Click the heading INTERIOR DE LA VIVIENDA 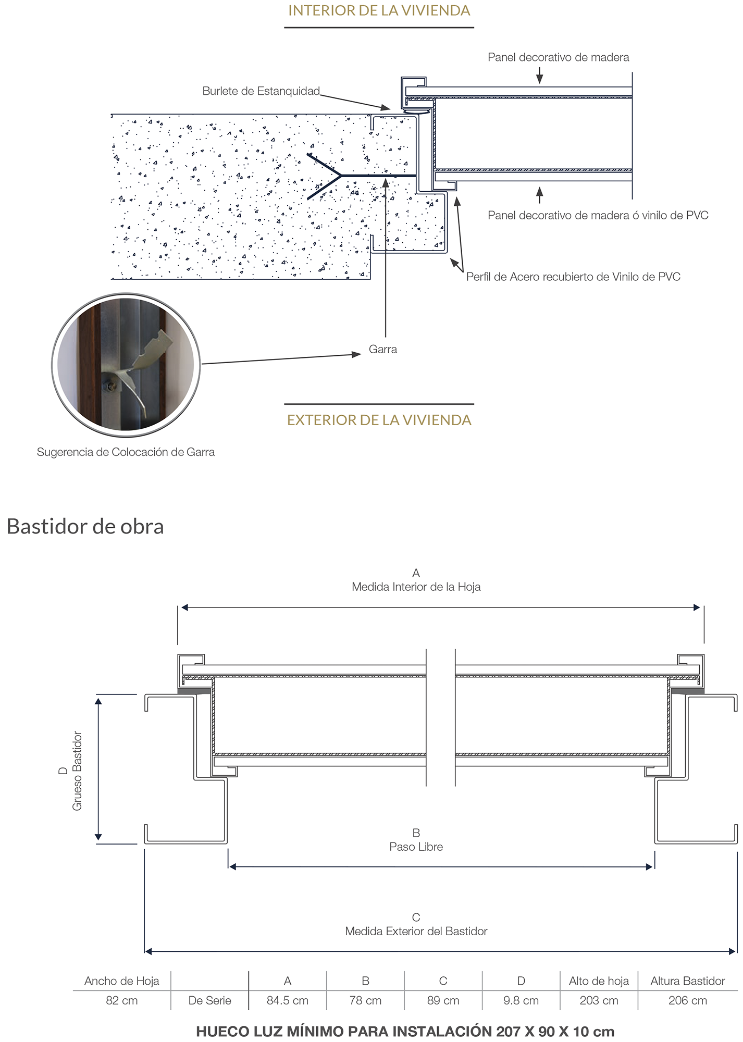point(379,11)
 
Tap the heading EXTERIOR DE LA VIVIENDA point(379,420)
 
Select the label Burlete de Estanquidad point(261,91)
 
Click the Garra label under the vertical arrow point(382,349)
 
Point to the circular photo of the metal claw point(126,365)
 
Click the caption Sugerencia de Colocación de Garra point(126,452)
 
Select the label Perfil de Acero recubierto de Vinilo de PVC point(573,277)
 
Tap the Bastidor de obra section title point(85,526)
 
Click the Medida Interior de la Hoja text point(416,587)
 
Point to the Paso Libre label point(416,847)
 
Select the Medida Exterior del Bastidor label point(416,931)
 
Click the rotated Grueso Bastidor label point(77,771)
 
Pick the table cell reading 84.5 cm point(288,1000)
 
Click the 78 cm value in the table point(365,1000)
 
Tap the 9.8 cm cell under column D point(521,1000)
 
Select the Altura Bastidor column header point(687,981)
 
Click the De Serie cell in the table point(209,1000)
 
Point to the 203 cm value point(599,1000)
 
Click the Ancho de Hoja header point(121,981)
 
